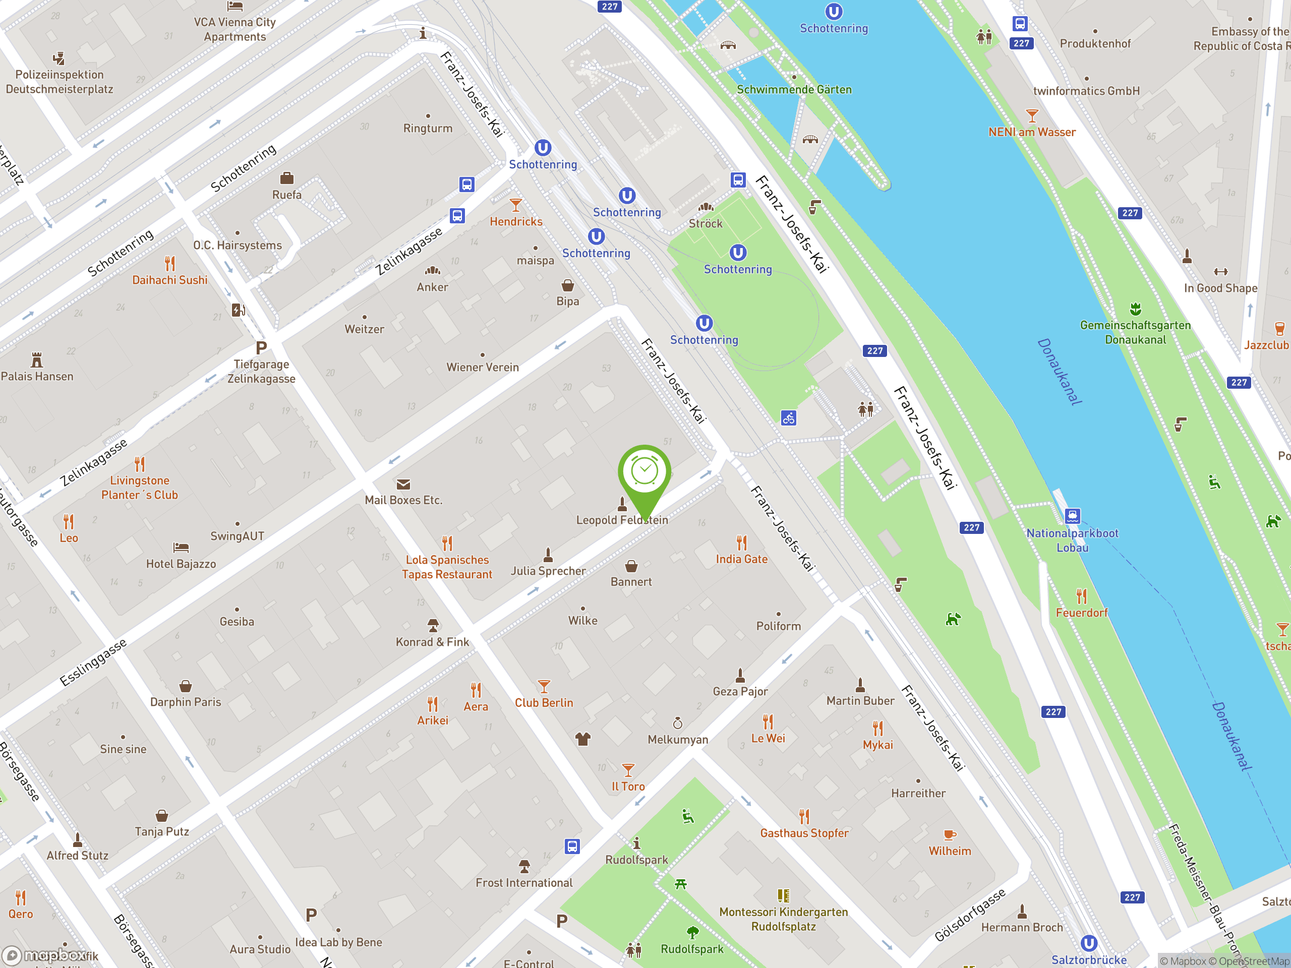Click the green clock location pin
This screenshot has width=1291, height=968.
click(644, 472)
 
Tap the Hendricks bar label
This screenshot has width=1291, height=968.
click(516, 222)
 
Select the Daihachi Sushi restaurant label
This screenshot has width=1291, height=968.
click(170, 280)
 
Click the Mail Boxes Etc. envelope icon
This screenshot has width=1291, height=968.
click(403, 485)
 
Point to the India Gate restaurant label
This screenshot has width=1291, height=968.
click(742, 559)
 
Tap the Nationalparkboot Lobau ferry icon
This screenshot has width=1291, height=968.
click(1072, 516)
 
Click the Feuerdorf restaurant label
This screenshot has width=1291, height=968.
click(1082, 613)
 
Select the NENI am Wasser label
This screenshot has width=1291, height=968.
click(1032, 133)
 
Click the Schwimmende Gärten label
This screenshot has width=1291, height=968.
click(794, 90)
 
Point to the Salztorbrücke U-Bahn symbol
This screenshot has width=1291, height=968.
click(1089, 943)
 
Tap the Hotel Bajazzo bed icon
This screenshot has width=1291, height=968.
click(181, 548)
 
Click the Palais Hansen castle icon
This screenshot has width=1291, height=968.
click(37, 359)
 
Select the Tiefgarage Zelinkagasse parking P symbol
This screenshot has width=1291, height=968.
click(261, 348)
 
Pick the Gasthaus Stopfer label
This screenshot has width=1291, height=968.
click(804, 833)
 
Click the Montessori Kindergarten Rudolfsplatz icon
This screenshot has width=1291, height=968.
click(783, 895)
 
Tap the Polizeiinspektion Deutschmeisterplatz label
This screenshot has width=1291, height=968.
click(60, 82)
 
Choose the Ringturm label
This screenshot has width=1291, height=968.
click(428, 129)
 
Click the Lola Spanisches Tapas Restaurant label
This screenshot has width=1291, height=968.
click(447, 567)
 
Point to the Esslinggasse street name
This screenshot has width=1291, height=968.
click(93, 662)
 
